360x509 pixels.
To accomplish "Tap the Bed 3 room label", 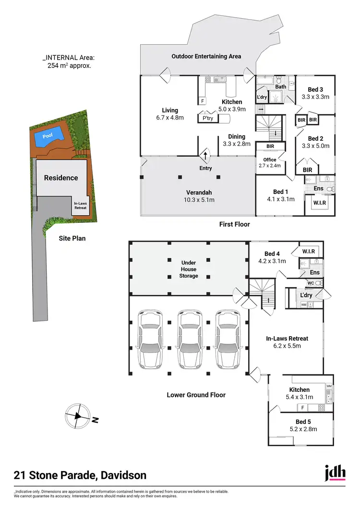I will point(315,89).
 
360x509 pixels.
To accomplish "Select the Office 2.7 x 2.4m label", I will point(269,162).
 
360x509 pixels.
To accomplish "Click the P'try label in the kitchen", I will point(208,118).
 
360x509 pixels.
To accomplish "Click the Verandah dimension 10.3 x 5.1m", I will point(200,199).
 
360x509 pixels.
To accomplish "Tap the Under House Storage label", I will point(189,269).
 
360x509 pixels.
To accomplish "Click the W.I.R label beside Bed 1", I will point(320,202).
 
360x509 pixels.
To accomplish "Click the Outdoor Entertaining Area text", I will point(206,56).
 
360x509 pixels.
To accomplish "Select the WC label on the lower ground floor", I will point(310,283).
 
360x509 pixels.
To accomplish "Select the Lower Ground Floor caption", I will point(196,395).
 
